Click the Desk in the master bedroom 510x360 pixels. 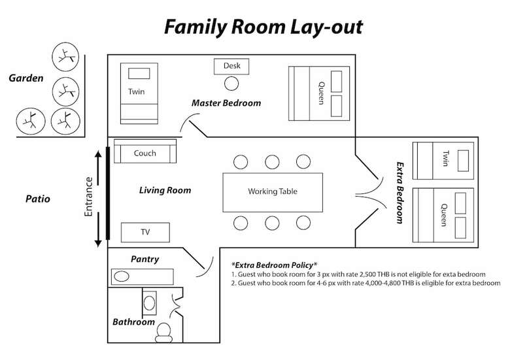pos(231,66)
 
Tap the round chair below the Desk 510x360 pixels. pos(231,84)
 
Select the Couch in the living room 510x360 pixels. pos(145,152)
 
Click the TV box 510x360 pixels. pos(145,232)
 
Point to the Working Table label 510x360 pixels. pos(273,191)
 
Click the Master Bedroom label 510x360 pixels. pos(226,103)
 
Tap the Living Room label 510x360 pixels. pos(165,190)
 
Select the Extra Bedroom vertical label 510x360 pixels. pos(399,193)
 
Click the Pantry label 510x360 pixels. pos(144,259)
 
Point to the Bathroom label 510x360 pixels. pos(133,322)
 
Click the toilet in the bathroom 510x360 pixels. pos(163,333)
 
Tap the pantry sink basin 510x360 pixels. pos(122,276)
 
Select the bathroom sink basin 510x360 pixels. pos(149,303)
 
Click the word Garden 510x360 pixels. pos(26,78)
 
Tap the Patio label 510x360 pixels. pos(38,199)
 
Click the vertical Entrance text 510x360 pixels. pos(88,197)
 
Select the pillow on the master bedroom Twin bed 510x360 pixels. pos(139,73)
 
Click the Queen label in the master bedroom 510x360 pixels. pos(321,93)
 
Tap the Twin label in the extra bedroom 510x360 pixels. pos(446,158)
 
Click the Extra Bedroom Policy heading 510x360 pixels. pos(274,265)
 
